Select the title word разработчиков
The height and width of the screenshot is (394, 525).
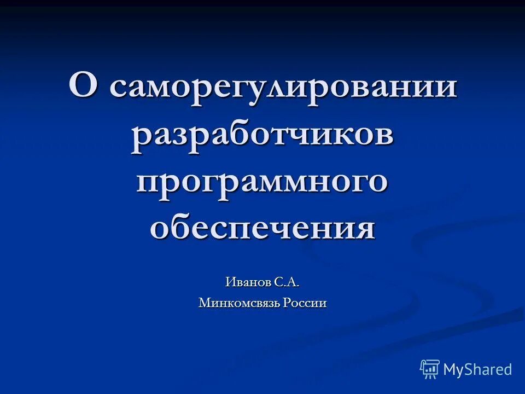pos(262,136)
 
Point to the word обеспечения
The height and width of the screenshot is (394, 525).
pos(262,228)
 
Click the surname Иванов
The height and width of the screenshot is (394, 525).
pos(248,282)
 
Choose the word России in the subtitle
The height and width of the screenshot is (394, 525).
pos(305,303)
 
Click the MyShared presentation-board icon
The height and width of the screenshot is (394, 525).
pos(430,369)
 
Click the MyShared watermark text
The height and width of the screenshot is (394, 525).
pos(477,369)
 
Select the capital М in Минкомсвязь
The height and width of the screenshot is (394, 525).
pos(203,303)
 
